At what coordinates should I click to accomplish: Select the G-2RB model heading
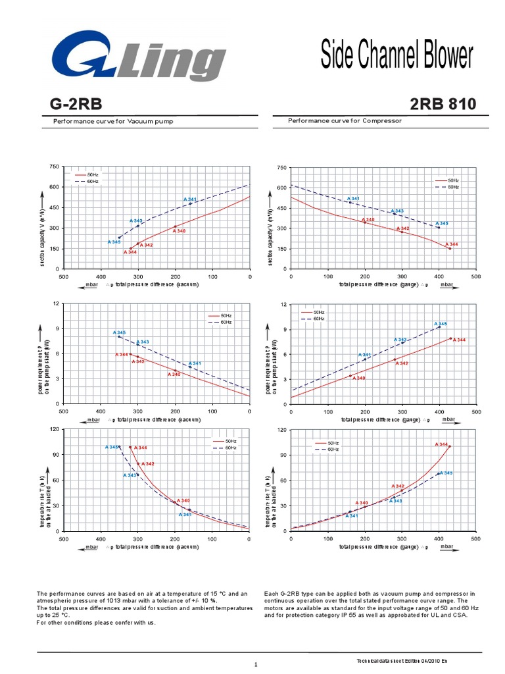[76, 104]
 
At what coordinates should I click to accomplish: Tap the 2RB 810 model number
[443, 104]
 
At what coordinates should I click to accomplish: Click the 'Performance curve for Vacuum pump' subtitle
[114, 122]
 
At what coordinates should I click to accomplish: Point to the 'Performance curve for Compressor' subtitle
[345, 121]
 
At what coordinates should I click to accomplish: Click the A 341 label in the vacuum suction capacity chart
[190, 199]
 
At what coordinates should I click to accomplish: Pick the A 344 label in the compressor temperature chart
[441, 444]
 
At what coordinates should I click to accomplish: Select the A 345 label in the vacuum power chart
[119, 332]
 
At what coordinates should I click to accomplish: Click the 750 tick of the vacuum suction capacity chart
[54, 167]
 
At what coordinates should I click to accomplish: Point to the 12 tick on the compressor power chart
[283, 305]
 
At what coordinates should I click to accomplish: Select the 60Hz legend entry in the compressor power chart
[320, 319]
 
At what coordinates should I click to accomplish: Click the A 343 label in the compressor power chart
[400, 340]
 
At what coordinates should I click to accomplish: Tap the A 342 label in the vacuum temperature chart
[148, 464]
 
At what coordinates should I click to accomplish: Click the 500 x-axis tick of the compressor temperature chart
[476, 538]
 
